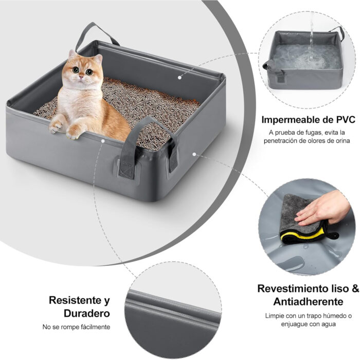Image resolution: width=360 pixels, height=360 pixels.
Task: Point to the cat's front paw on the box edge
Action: click(x=57, y=126)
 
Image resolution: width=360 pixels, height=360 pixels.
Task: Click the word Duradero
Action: click(x=86, y=313)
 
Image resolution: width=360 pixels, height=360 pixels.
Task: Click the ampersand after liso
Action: click(x=355, y=289)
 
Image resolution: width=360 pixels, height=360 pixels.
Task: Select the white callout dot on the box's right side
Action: click(x=194, y=153)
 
